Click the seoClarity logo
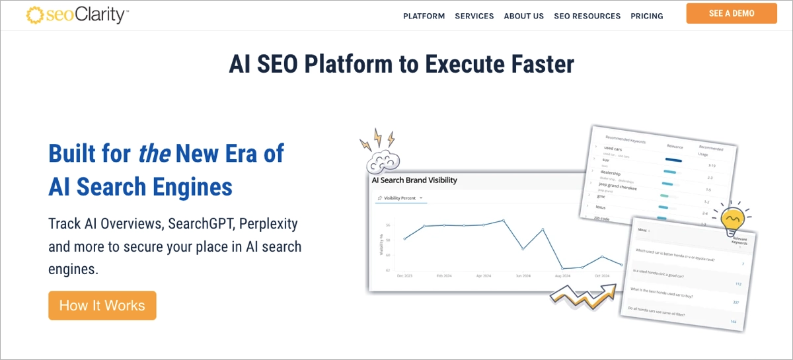click(x=77, y=15)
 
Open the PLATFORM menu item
click(x=424, y=16)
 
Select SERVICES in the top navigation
click(x=474, y=16)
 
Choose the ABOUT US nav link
click(x=523, y=16)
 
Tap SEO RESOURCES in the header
click(x=587, y=16)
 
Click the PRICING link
click(x=646, y=16)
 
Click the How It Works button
click(x=102, y=305)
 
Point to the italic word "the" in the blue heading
click(x=154, y=153)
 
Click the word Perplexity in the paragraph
click(x=268, y=223)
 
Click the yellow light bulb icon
click(x=732, y=221)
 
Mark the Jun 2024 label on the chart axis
click(x=523, y=275)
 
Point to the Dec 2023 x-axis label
click(x=404, y=275)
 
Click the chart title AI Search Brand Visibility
click(x=414, y=180)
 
